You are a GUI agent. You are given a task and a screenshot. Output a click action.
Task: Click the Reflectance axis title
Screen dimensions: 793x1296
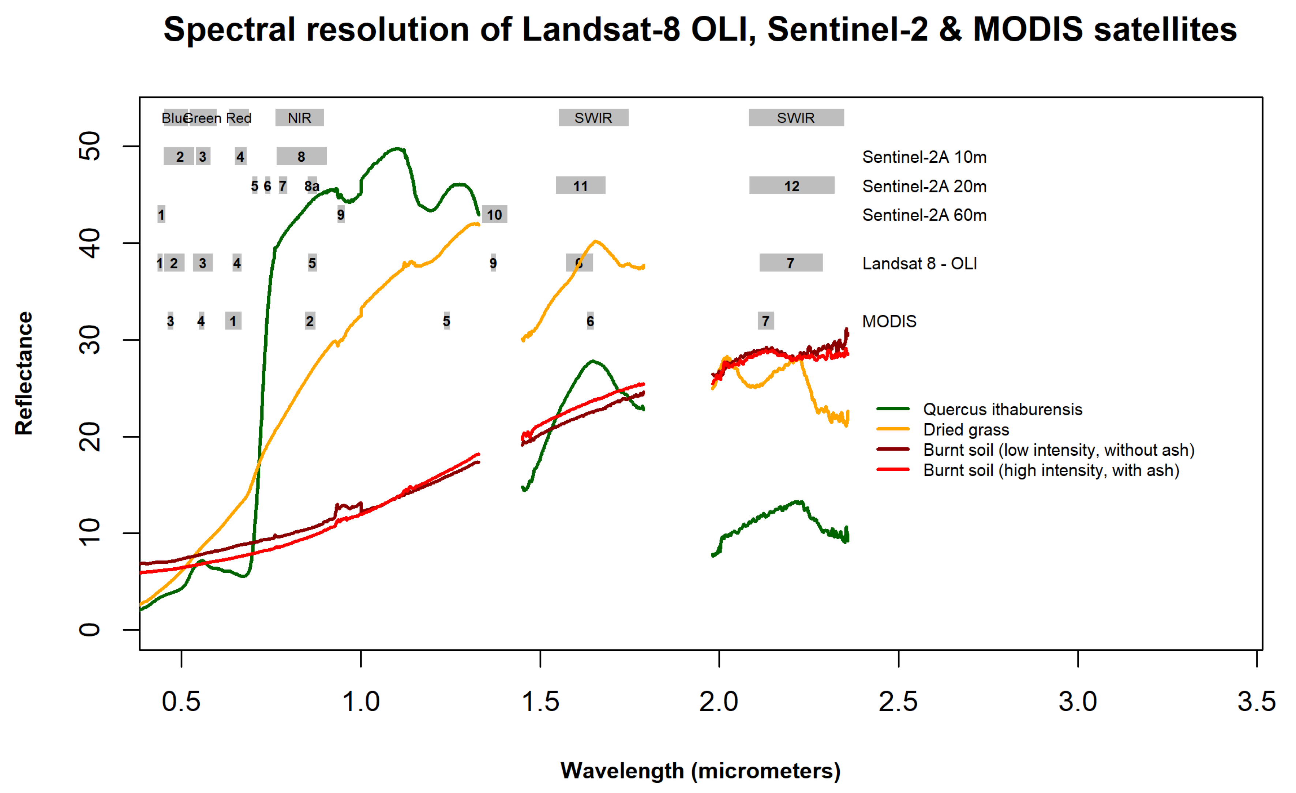point(24,373)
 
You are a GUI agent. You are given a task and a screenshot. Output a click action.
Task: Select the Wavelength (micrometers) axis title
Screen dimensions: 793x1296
point(700,770)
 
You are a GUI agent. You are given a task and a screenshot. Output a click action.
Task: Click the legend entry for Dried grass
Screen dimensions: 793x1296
point(966,430)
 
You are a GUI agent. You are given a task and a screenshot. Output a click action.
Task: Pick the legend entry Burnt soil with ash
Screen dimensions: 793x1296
point(1051,470)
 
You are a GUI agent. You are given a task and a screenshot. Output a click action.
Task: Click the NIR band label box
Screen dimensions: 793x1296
point(299,118)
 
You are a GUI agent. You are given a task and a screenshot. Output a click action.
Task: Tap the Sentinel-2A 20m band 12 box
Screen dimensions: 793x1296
point(791,185)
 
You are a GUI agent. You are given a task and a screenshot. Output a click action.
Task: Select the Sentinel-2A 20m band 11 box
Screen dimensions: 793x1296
point(580,185)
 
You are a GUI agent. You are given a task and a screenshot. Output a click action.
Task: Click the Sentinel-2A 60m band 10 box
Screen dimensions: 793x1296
point(494,215)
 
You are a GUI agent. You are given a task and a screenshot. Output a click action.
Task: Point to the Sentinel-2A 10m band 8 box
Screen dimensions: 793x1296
point(301,157)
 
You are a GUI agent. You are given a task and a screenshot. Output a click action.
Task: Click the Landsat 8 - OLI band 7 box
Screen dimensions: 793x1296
point(791,263)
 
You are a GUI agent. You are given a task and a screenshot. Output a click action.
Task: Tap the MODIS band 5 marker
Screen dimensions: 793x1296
point(446,321)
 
